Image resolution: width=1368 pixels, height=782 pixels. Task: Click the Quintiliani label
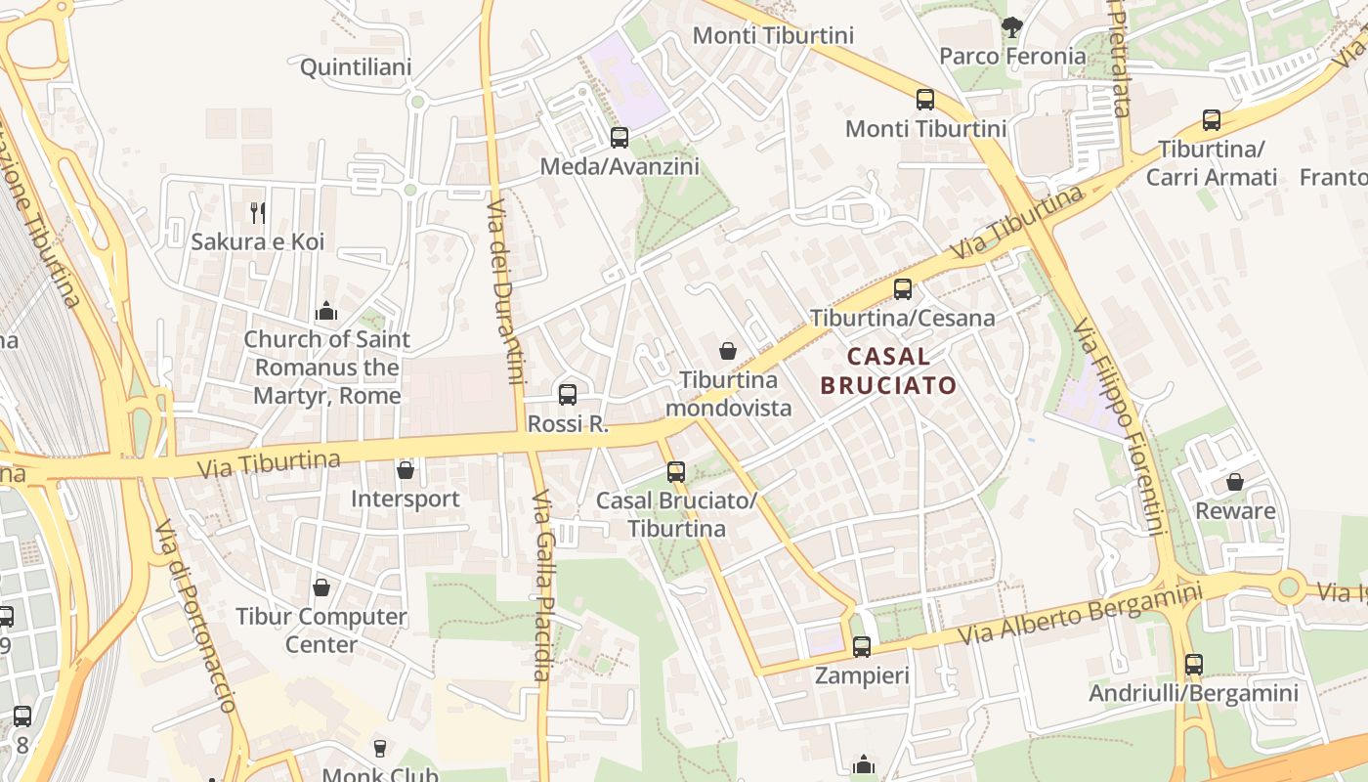(356, 67)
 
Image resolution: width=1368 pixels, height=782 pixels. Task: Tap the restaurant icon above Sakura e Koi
(258, 212)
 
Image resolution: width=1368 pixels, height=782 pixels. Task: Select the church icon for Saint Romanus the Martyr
(326, 311)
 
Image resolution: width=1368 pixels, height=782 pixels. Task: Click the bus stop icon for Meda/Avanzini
(620, 138)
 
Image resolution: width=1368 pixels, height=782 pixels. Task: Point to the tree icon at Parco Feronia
(1011, 27)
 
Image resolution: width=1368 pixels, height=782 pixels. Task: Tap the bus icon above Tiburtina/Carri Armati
(1212, 120)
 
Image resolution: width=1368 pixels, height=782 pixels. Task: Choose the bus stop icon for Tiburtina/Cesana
(903, 289)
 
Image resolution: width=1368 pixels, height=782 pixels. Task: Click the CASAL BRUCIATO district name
(888, 370)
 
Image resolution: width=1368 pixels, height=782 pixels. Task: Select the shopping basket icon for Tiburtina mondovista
(728, 350)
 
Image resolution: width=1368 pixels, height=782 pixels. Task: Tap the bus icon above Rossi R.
(568, 395)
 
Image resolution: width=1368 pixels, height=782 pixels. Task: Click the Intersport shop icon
(406, 470)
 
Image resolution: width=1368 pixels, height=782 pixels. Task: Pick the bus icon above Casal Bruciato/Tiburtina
(676, 472)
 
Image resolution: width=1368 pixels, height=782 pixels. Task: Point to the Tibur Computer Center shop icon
(321, 587)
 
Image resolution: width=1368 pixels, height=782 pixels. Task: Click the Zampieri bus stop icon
(862, 646)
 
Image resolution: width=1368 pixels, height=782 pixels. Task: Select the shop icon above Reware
(1235, 482)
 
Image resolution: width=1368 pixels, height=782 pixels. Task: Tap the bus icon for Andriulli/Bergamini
(1194, 665)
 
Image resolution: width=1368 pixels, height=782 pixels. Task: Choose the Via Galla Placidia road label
(543, 586)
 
